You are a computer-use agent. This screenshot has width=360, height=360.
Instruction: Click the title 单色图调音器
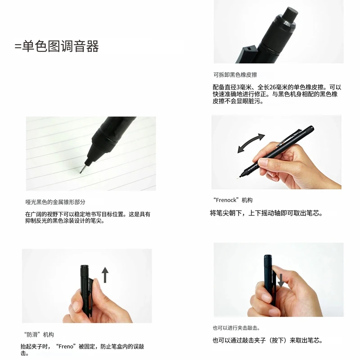coord(57,46)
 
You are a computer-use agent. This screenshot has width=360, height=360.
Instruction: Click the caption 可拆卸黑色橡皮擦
coord(235,75)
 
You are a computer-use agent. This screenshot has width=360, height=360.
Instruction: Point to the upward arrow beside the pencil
coord(105,274)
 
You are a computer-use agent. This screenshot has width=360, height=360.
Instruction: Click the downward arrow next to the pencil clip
coord(281,279)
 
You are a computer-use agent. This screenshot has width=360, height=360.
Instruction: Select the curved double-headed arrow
coord(251,143)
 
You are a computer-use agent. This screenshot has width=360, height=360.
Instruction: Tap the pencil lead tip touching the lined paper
coord(81,171)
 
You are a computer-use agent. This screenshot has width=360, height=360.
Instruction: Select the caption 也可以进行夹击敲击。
coord(236,328)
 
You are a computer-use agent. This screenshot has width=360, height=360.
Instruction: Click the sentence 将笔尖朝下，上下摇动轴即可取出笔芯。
coord(266,213)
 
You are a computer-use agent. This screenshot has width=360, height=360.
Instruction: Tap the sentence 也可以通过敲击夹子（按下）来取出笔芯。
coord(267,340)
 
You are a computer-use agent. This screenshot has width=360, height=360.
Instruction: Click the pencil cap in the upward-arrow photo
coord(84,269)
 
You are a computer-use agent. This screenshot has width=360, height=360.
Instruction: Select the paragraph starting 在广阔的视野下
coord(88,217)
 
